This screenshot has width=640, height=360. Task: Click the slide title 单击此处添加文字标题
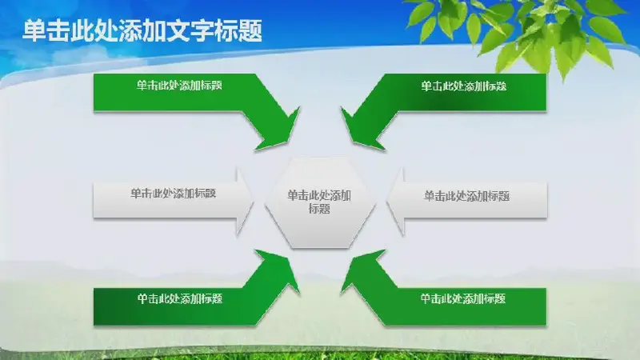point(142,30)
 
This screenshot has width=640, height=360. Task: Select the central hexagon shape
point(319,203)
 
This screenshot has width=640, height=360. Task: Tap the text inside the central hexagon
point(319,202)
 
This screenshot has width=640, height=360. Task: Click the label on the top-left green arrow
point(179,86)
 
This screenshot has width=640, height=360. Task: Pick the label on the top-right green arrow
point(464,86)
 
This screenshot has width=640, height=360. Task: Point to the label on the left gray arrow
point(173,193)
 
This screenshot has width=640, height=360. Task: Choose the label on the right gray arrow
point(466,196)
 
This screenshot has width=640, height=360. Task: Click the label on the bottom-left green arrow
point(179,298)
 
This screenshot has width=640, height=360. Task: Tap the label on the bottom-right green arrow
point(463,298)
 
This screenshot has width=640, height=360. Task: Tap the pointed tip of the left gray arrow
point(253,202)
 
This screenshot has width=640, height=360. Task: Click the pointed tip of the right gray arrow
point(387,202)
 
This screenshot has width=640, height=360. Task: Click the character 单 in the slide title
point(34,30)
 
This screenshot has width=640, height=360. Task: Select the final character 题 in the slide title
point(250,30)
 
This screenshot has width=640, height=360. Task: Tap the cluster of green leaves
point(518,33)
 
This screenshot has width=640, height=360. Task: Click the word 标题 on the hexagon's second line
point(319,209)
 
